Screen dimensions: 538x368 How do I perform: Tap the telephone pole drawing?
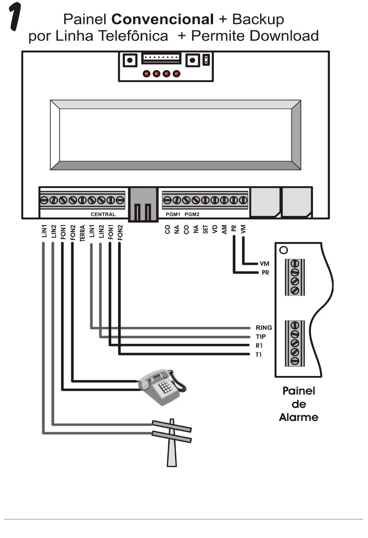pyautogui.click(x=172, y=442)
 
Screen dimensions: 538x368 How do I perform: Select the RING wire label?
pyautogui.click(x=264, y=328)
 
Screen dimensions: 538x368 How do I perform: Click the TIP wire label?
pyautogui.click(x=261, y=336)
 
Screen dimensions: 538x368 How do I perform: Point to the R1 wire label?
pyautogui.click(x=259, y=345)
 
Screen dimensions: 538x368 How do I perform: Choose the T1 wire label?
pyautogui.click(x=258, y=354)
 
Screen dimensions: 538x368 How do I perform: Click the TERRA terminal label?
pyautogui.click(x=82, y=233)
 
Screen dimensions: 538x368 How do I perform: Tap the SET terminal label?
pyautogui.click(x=205, y=229)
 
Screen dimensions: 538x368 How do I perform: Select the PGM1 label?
pyautogui.click(x=173, y=214)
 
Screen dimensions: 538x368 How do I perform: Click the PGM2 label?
pyautogui.click(x=192, y=214)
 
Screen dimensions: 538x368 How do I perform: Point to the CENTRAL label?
pyautogui.click(x=103, y=214)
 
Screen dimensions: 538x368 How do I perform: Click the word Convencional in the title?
pyautogui.click(x=162, y=19)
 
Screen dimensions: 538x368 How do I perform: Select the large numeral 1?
pyautogui.click(x=15, y=16)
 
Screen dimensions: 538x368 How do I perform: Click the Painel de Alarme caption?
pyautogui.click(x=299, y=404)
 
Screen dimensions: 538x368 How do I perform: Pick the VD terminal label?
pyautogui.click(x=215, y=229)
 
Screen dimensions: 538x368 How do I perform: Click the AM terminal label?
pyautogui.click(x=224, y=229)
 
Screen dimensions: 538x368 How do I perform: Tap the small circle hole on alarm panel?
pyautogui.click(x=284, y=250)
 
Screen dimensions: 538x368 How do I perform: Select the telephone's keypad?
pyautogui.click(x=165, y=387)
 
